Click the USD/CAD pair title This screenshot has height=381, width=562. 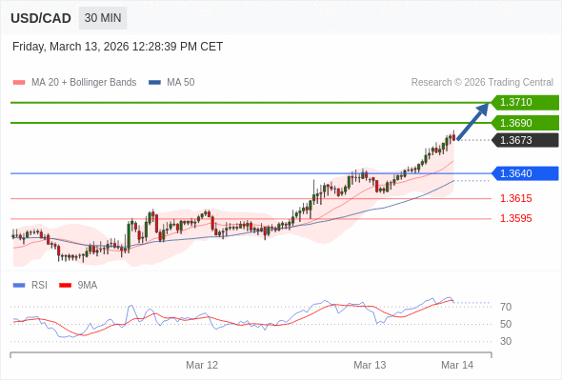41,18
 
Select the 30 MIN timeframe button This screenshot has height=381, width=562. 103,18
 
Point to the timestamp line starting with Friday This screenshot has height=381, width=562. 118,46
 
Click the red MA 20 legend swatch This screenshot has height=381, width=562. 19,83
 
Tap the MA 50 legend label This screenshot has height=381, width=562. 180,83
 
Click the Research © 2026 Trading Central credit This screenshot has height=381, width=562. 482,83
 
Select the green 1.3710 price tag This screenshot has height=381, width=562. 525,102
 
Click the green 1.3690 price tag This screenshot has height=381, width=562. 525,123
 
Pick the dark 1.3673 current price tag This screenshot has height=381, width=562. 525,141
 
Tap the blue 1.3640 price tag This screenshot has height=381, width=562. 525,173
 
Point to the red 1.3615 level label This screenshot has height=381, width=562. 516,198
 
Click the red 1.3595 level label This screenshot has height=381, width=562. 516,218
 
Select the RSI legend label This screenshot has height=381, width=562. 39,285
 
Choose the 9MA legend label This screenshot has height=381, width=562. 88,285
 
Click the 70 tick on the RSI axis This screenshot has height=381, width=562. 506,307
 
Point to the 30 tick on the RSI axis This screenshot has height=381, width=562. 506,341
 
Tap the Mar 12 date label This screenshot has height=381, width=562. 202,365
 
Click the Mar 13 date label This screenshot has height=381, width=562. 370,365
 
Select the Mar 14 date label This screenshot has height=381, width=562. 457,365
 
